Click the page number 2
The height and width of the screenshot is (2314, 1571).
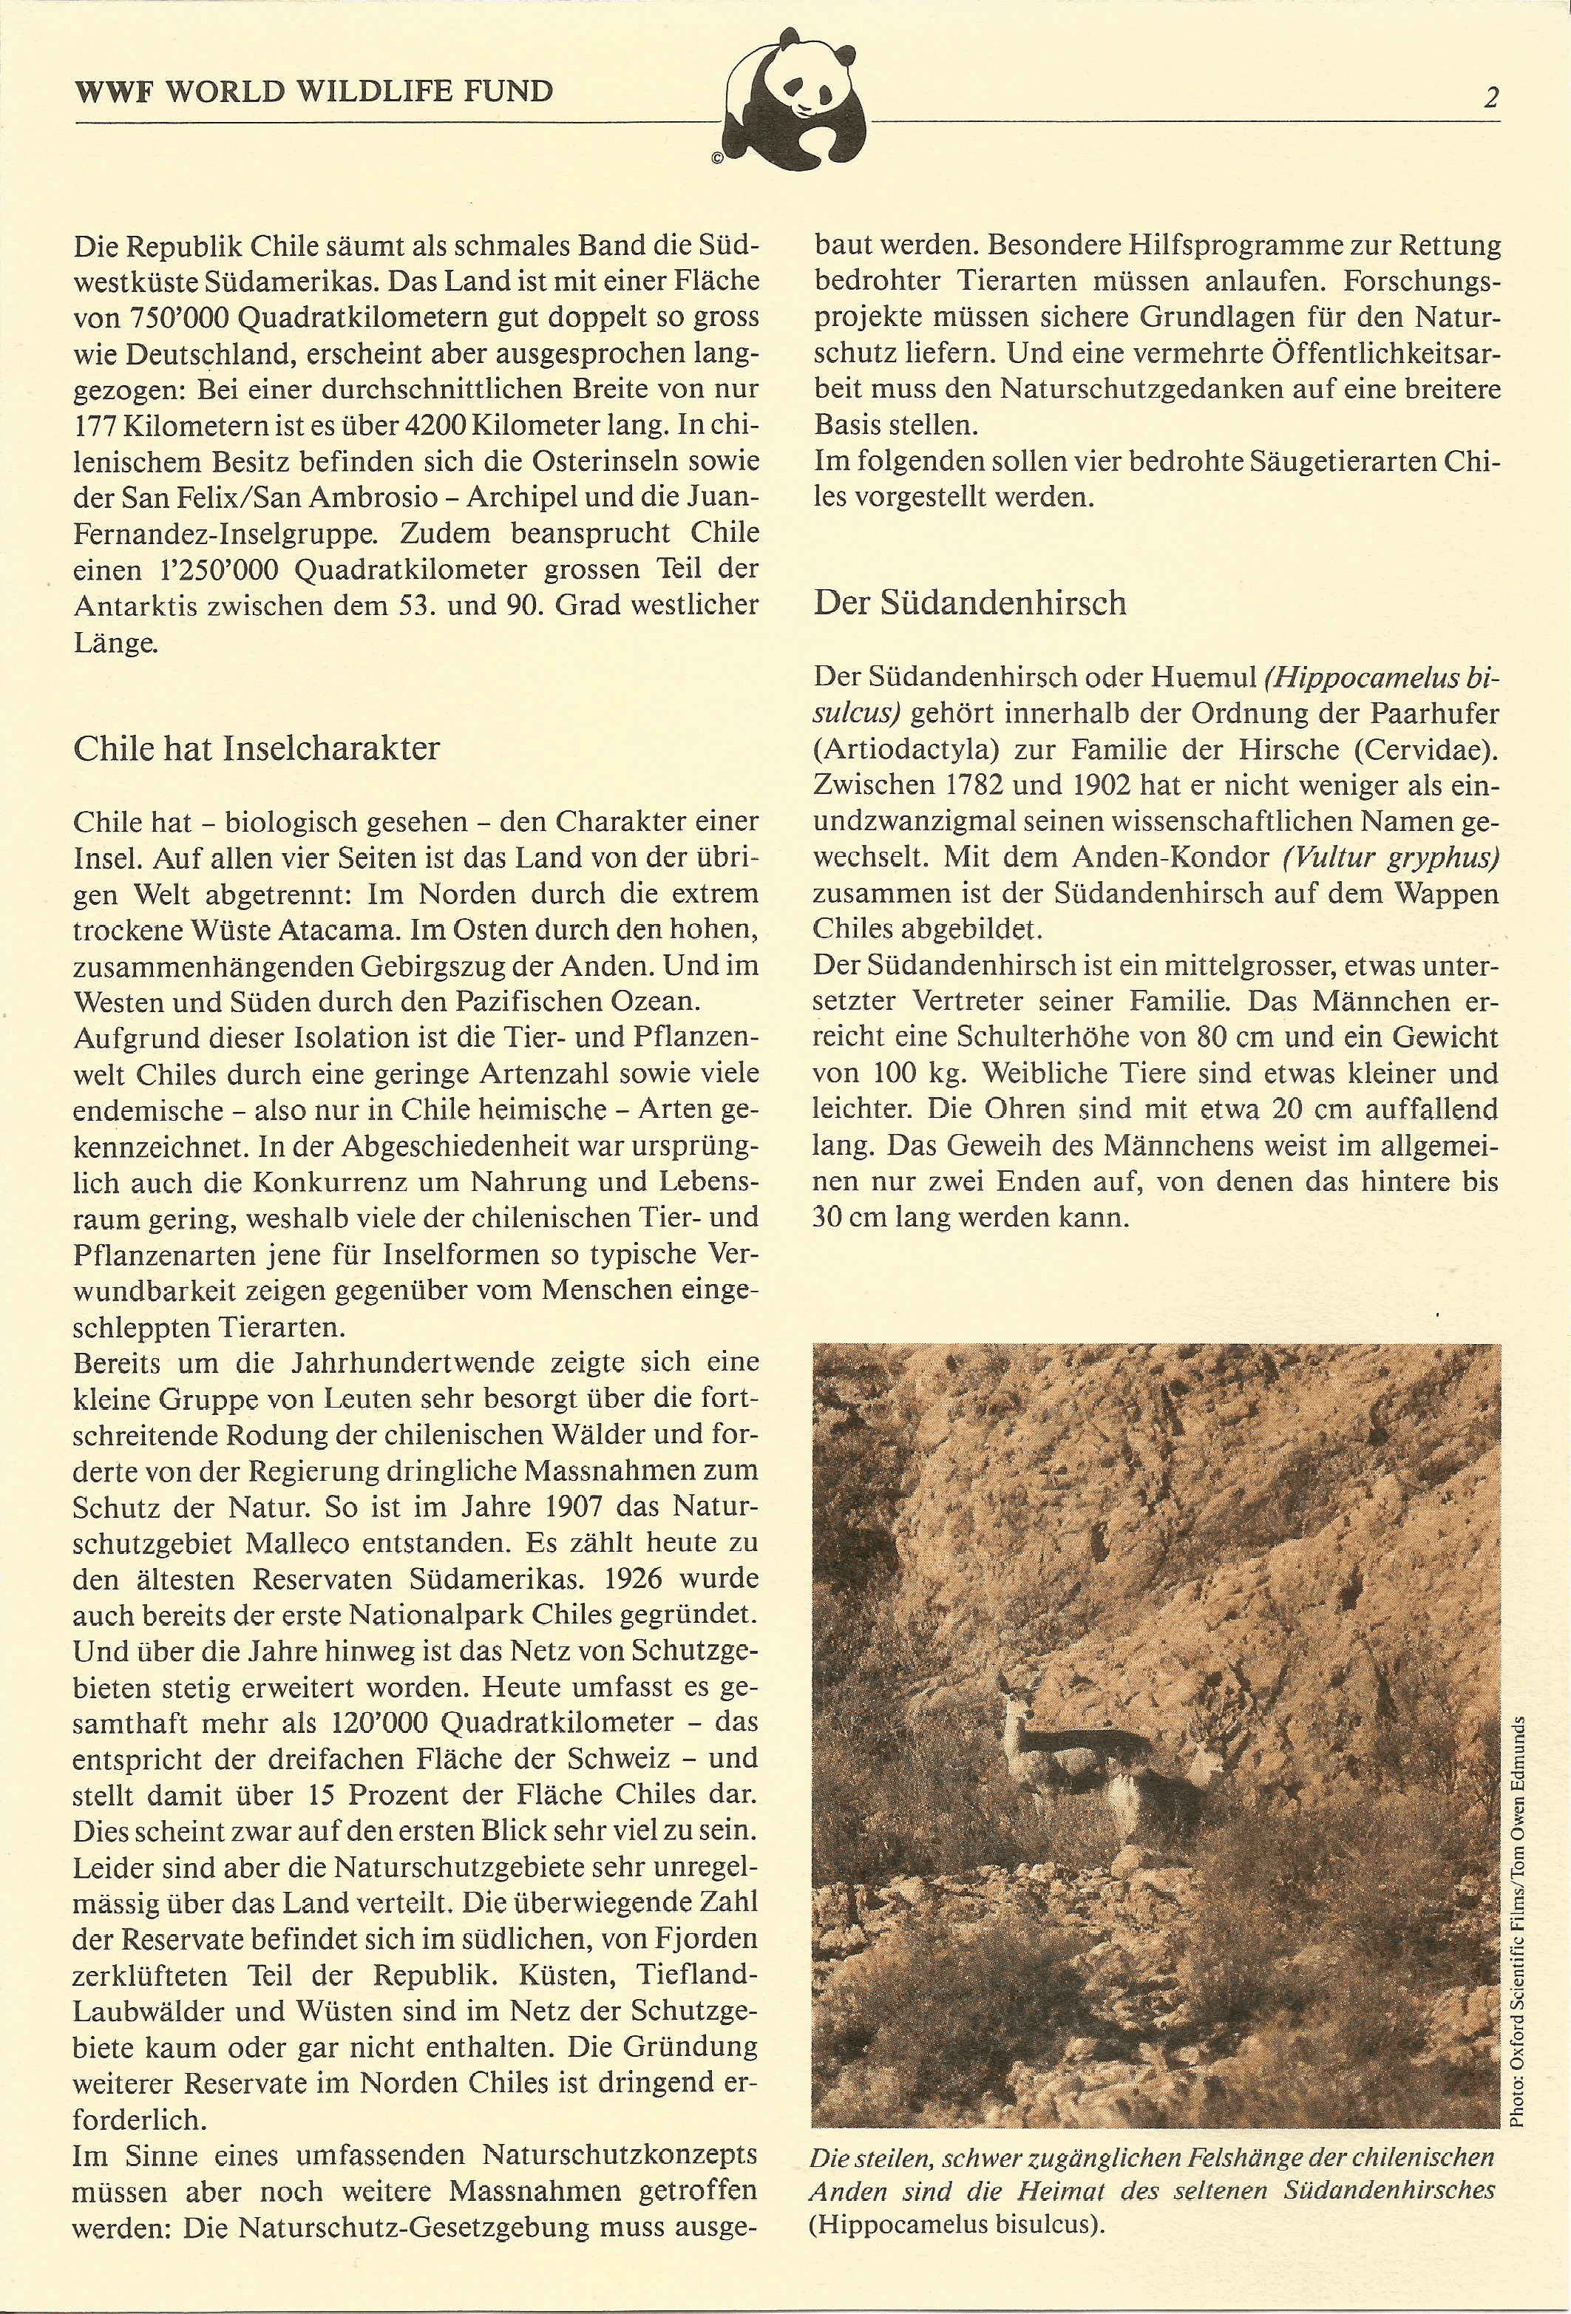pos(1490,98)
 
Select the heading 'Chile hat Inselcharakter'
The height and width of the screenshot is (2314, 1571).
pos(256,747)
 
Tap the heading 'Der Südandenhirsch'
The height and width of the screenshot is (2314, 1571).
pos(970,603)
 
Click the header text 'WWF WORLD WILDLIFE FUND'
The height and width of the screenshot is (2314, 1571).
pos(313,92)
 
